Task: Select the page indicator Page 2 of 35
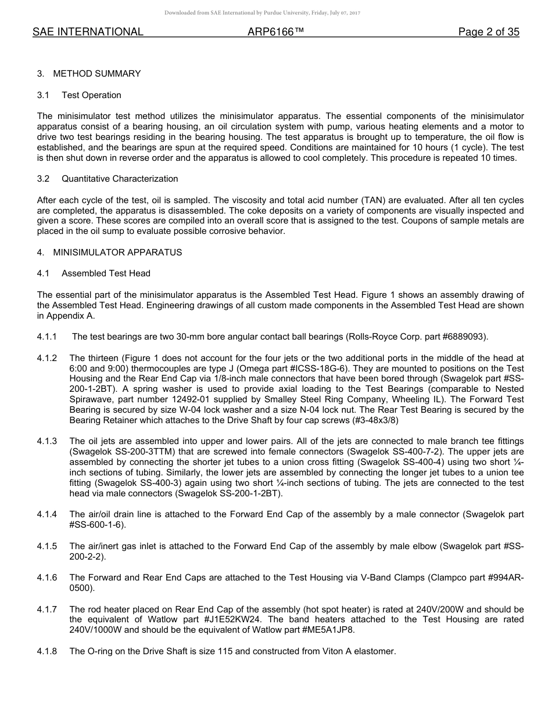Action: [488, 33]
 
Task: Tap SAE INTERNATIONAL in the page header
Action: [88, 33]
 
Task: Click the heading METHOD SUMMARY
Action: [96, 74]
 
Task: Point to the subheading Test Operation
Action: [91, 95]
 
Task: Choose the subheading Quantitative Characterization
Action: [120, 179]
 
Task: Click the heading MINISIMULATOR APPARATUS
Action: [117, 253]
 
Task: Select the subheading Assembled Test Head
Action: [106, 273]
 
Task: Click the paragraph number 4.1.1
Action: [47, 337]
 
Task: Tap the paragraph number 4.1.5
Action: [47, 546]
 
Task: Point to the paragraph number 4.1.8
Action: [47, 651]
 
